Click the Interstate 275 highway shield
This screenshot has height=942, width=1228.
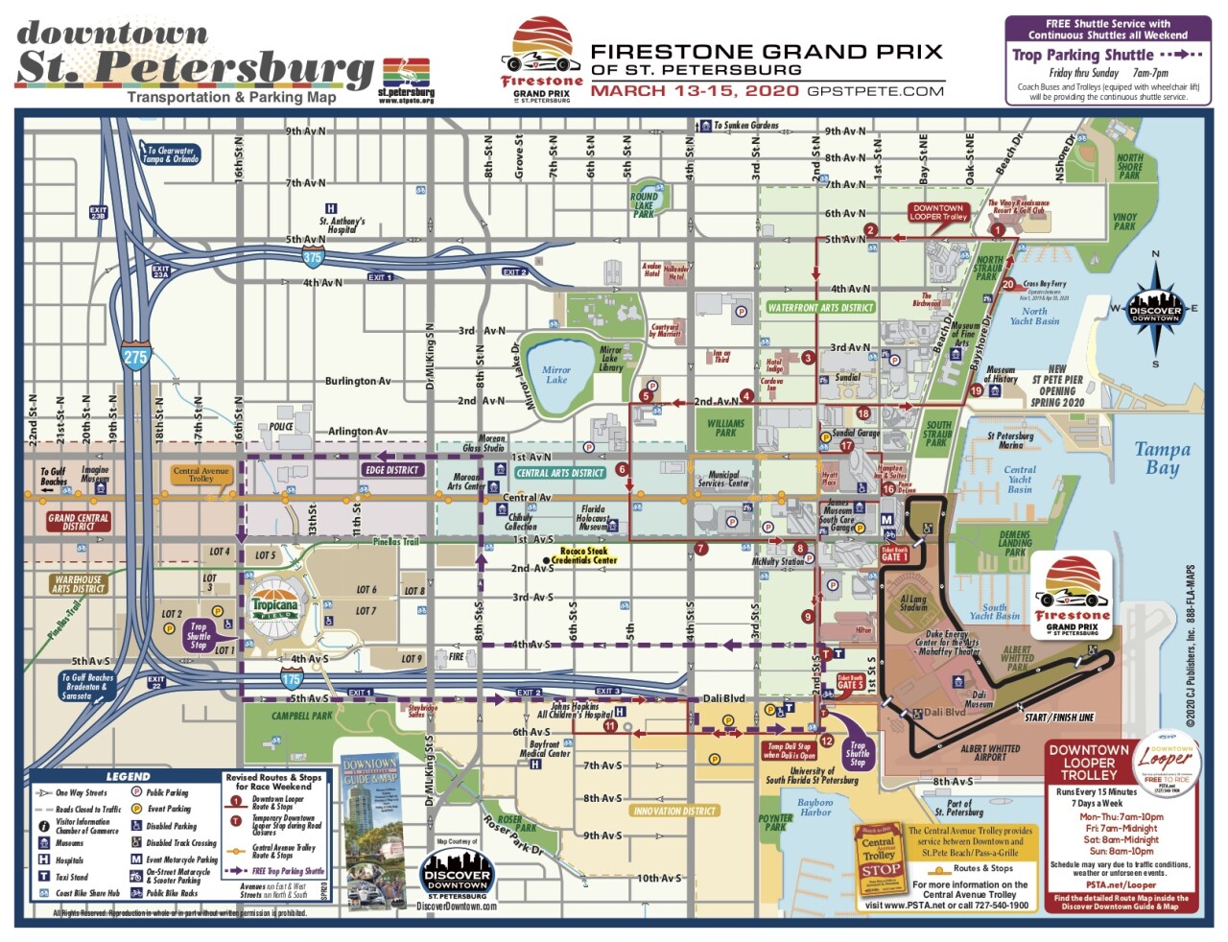coord(135,357)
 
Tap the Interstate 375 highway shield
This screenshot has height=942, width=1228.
coord(313,257)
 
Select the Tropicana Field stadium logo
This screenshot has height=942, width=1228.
coord(275,605)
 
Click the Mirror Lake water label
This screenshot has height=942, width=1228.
coord(555,375)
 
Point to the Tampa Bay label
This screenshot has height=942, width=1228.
coord(1162,459)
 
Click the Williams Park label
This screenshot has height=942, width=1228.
coord(725,428)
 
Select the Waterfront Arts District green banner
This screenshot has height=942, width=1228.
coord(820,308)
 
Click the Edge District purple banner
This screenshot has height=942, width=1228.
coord(391,470)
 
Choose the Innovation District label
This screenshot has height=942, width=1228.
coord(674,811)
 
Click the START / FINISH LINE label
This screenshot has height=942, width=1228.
coord(1058,718)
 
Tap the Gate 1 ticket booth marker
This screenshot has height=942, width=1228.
coord(894,554)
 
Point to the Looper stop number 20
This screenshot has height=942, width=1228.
coord(1007,284)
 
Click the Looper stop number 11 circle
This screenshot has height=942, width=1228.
coord(610,726)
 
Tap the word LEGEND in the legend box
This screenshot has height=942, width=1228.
coord(128,776)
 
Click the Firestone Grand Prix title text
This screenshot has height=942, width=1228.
coord(766,53)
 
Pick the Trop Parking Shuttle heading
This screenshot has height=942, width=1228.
coord(1083,56)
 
